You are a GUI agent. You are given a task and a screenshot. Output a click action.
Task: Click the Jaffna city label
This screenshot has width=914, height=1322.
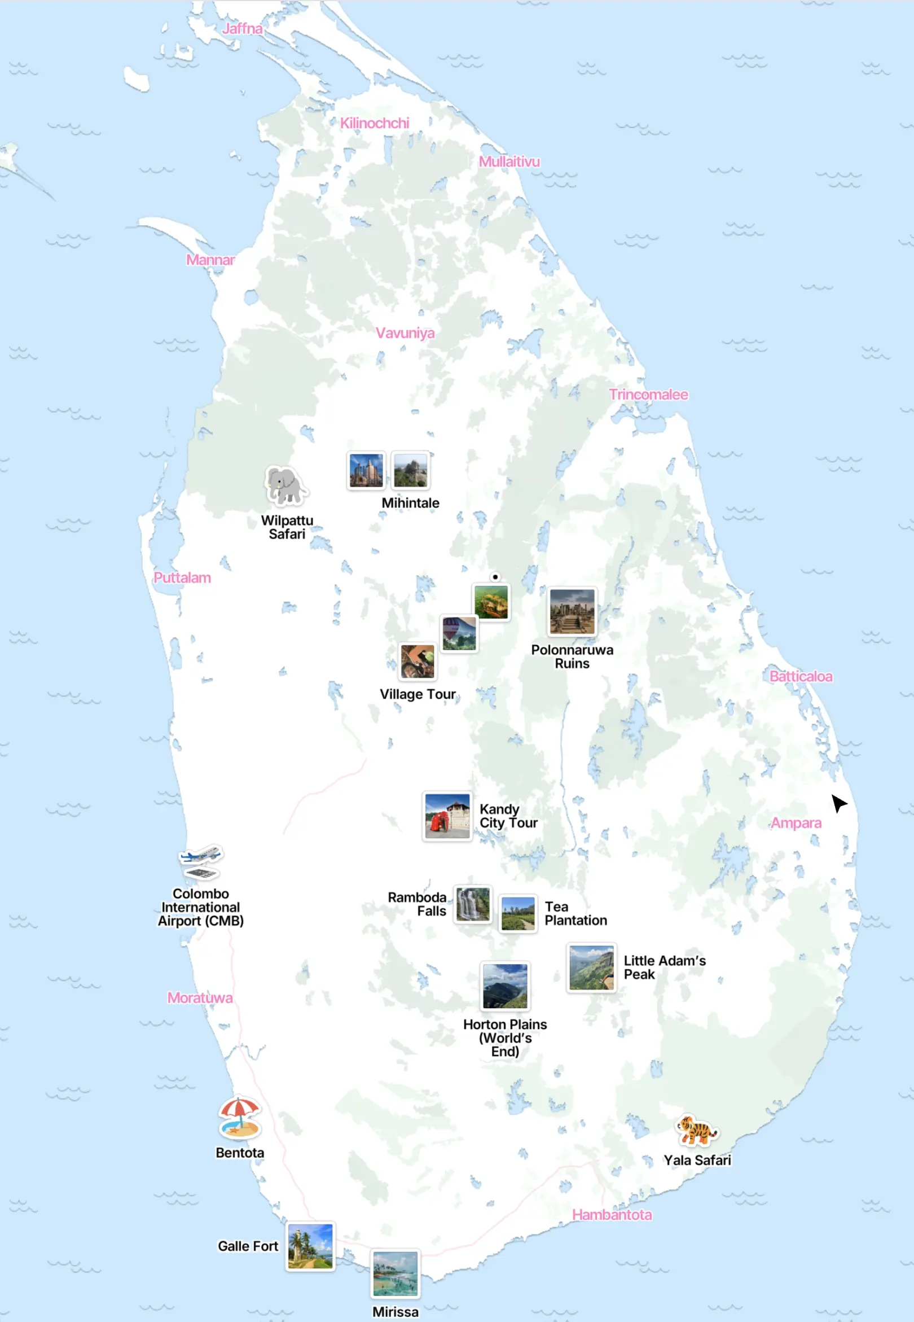[x=242, y=29]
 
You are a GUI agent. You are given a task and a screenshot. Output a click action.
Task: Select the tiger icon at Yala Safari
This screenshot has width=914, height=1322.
[x=696, y=1131]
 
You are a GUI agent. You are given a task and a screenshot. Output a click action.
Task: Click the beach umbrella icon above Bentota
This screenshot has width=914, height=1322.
[x=239, y=1117]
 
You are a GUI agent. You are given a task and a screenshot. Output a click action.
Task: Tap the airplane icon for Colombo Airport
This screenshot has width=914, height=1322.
[x=200, y=861]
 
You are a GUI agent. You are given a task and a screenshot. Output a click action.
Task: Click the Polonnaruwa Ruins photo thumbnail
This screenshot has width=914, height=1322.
[x=572, y=611]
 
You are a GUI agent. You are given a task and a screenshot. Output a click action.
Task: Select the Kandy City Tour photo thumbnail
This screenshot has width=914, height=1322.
[x=447, y=816]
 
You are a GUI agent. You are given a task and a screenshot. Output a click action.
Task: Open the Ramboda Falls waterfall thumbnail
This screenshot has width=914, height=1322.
[x=472, y=904]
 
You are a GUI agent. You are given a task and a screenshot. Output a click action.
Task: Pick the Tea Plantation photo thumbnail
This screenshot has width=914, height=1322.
[x=518, y=913]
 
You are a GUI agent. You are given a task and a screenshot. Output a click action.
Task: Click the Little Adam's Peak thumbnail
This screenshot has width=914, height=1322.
[x=591, y=967]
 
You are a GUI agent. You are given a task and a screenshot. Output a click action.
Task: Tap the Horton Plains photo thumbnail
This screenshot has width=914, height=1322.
[x=504, y=985]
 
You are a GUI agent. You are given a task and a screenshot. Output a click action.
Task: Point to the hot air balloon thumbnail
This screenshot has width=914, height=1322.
[x=459, y=633]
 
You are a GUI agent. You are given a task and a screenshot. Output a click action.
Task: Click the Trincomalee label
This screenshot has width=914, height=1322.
[x=648, y=395]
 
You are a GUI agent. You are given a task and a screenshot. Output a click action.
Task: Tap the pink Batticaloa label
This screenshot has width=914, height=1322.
[x=800, y=676]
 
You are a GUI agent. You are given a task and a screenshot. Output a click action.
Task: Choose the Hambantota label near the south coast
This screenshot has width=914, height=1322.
[x=612, y=1214]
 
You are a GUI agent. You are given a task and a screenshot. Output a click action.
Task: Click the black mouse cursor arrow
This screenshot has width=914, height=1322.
[x=838, y=803]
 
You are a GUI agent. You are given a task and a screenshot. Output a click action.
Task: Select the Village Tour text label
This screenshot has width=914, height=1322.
[x=418, y=694]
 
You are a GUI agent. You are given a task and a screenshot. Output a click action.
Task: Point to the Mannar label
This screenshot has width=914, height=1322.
[x=210, y=260]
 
